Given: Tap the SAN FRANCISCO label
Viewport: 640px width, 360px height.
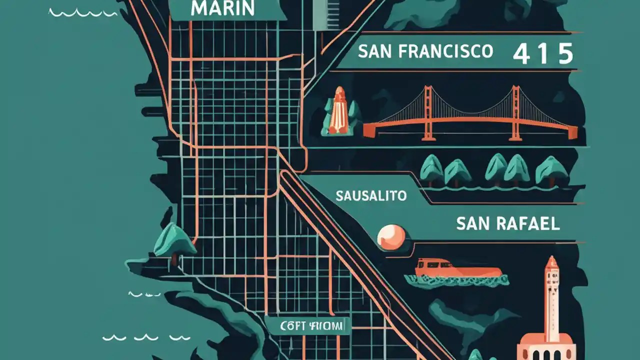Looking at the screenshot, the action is pos(426,51).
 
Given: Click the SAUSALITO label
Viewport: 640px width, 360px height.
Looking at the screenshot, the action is pos(371,195).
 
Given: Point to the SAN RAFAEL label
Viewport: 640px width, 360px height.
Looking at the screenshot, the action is pos(507,223).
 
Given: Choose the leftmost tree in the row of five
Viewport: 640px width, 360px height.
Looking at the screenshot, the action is pos(430,168).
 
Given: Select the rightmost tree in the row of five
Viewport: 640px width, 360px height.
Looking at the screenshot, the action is pos(551,170).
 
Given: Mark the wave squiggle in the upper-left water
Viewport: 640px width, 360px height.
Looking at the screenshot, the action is pos(82,12).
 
